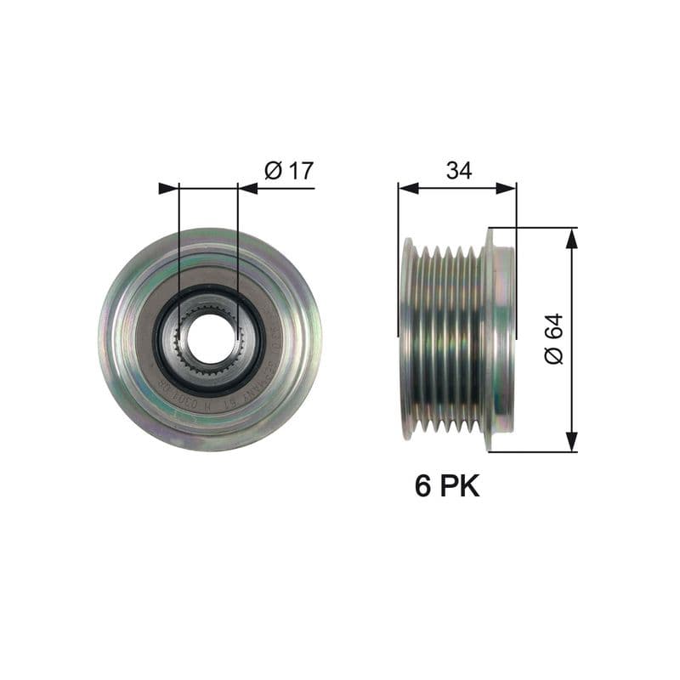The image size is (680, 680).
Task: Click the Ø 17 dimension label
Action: (x=289, y=170)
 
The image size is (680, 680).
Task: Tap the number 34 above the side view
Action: (x=459, y=170)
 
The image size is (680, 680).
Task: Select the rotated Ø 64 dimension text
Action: (x=553, y=339)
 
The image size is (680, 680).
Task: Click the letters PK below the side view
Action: (x=460, y=485)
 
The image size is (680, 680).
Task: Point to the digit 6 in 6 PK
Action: (x=422, y=485)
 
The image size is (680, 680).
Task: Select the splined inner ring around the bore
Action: (x=209, y=314)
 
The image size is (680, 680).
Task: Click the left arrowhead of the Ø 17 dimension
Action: (x=168, y=188)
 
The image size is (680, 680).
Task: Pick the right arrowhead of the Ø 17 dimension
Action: (x=248, y=188)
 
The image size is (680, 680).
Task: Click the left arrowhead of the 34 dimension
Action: (x=408, y=188)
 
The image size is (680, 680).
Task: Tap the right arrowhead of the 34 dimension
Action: (x=507, y=188)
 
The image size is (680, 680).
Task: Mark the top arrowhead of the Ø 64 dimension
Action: (x=571, y=238)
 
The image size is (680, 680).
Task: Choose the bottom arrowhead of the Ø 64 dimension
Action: (x=571, y=441)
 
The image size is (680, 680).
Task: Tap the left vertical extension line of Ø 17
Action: (x=179, y=238)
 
